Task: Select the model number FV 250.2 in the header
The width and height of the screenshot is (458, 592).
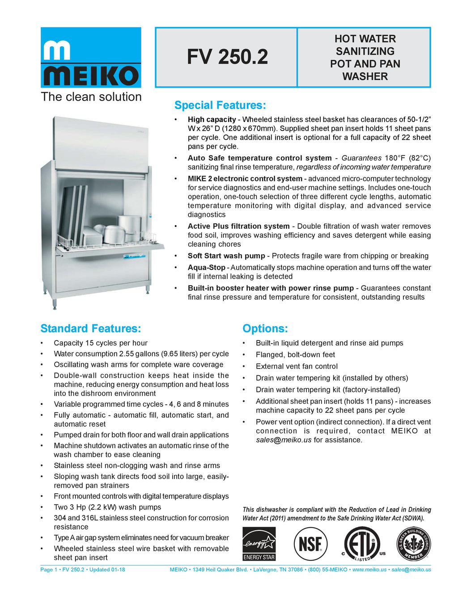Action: click(x=227, y=57)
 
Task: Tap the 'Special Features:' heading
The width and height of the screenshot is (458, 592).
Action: click(x=220, y=105)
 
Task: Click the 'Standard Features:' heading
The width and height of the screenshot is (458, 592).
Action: click(x=91, y=329)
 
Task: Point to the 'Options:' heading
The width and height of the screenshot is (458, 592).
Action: click(x=265, y=329)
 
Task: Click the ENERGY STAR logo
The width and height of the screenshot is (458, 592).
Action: click(x=259, y=544)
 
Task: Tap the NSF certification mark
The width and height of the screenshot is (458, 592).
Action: click(x=310, y=544)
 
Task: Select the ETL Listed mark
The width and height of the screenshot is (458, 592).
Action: click(x=363, y=544)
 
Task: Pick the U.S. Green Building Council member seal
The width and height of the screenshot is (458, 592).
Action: click(x=413, y=543)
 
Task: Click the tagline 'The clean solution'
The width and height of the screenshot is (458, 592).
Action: click(x=91, y=97)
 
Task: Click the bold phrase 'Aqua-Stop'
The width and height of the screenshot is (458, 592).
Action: click(x=207, y=268)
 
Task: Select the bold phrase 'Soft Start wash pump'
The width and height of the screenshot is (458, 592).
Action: click(x=226, y=256)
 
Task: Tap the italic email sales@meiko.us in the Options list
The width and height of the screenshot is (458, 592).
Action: click(x=284, y=440)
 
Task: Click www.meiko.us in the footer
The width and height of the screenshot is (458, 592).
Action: click(x=369, y=570)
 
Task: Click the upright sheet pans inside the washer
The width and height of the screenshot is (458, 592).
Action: click(x=74, y=214)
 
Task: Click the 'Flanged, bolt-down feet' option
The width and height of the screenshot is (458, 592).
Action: click(x=295, y=355)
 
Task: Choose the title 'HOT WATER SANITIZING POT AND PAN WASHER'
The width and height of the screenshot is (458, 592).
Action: click(x=365, y=58)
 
